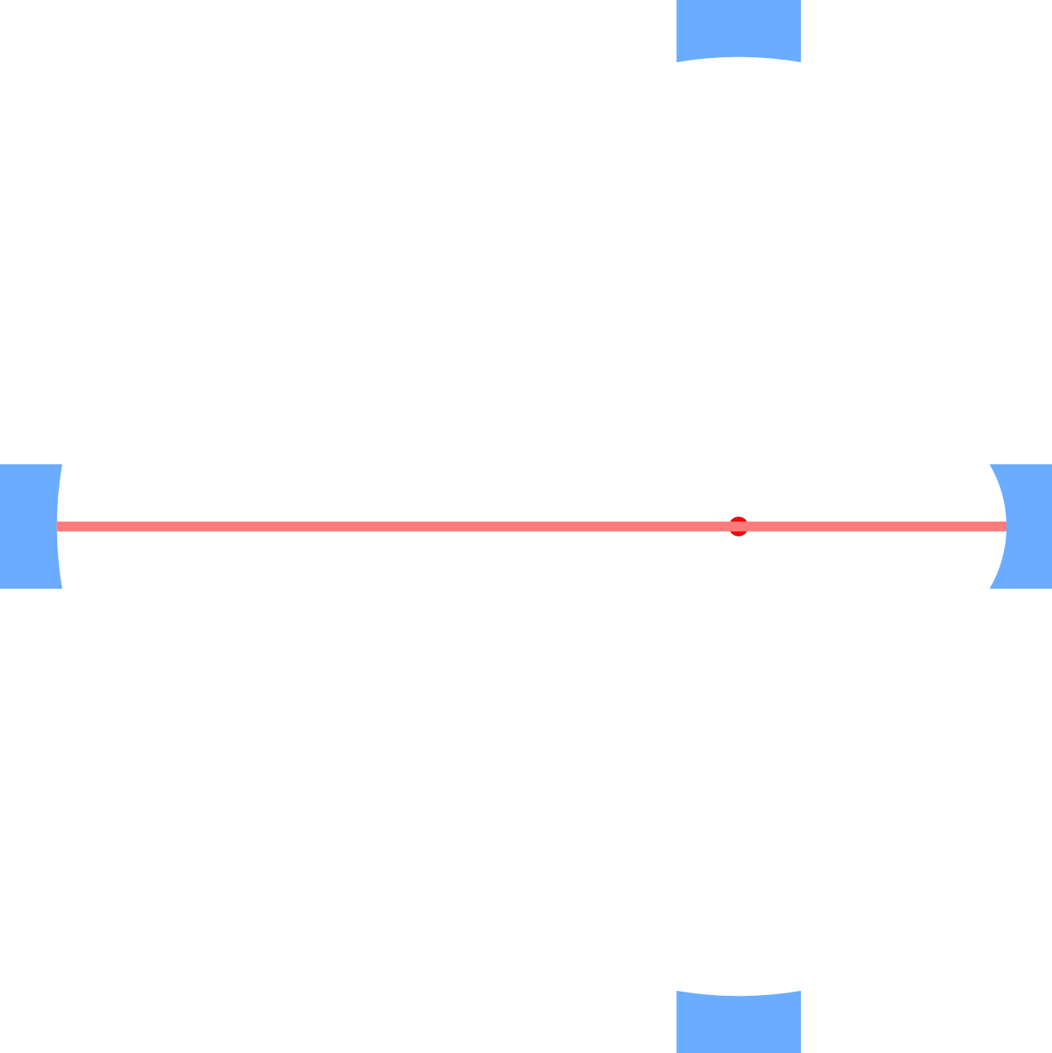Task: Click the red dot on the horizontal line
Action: tap(739, 526)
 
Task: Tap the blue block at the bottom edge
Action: tap(739, 1025)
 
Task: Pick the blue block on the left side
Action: tap(28, 526)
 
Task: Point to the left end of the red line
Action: tap(58, 526)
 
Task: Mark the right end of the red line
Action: tap(1004, 526)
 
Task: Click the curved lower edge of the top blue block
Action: tap(739, 57)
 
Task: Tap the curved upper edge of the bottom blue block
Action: tap(739, 995)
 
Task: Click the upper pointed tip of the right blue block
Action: tap(991, 464)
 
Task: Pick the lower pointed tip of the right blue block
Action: tap(991, 588)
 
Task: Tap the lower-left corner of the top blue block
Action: tap(677, 61)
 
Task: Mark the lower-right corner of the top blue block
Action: tap(801, 61)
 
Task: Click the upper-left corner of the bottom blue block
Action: tap(677, 991)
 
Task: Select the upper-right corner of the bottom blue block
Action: tap(801, 991)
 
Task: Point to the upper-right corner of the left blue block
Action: tap(61, 464)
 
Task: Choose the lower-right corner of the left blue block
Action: tap(61, 588)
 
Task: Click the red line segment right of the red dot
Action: tap(870, 526)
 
